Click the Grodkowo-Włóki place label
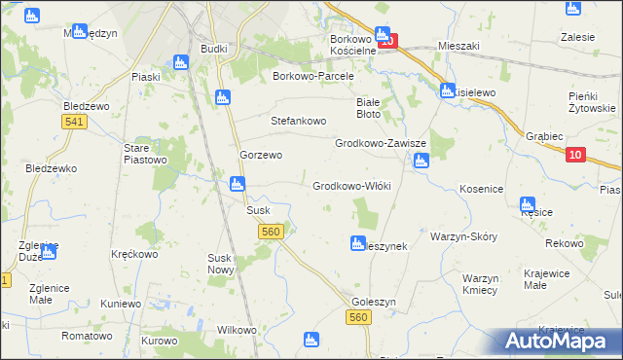tap(351, 185)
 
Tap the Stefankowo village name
tap(302, 122)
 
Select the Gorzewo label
tap(261, 155)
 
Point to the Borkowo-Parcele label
tap(317, 75)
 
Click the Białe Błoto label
tap(368, 107)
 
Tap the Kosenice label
tap(481, 188)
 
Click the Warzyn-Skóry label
tap(463, 236)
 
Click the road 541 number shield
tap(71, 122)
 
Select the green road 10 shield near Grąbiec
tap(574, 155)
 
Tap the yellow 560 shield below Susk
tap(272, 232)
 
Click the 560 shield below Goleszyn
tap(359, 318)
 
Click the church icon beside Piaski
tap(179, 62)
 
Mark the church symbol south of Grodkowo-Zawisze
tap(421, 162)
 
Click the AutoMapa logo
tap(559, 341)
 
